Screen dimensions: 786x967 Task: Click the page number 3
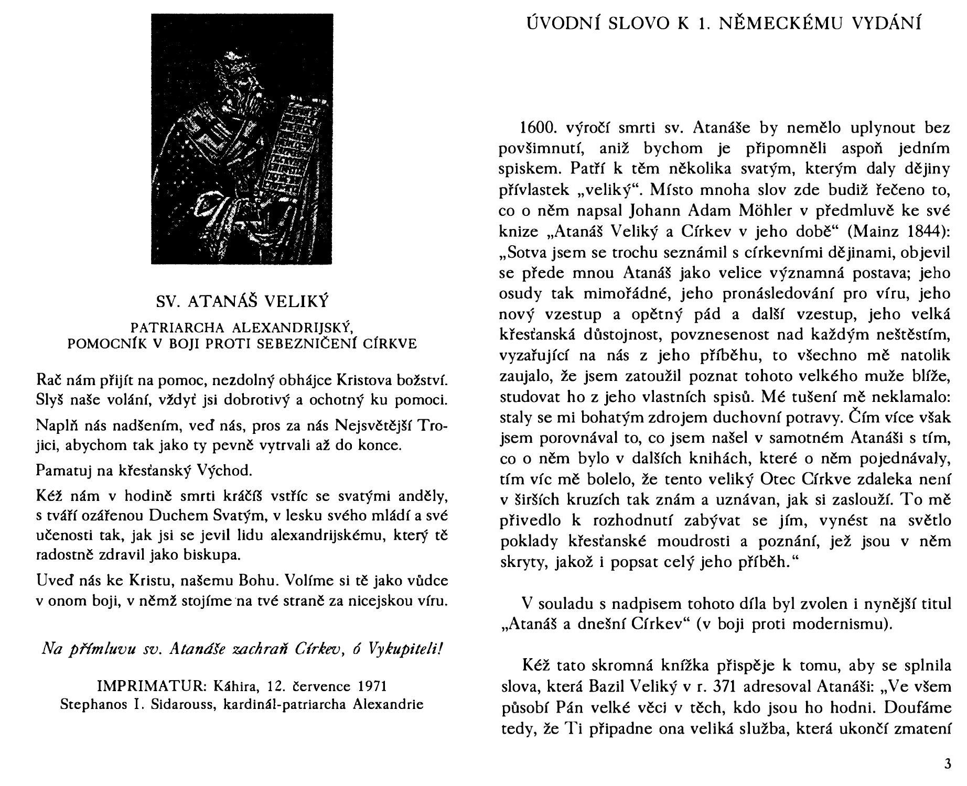(x=947, y=763)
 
